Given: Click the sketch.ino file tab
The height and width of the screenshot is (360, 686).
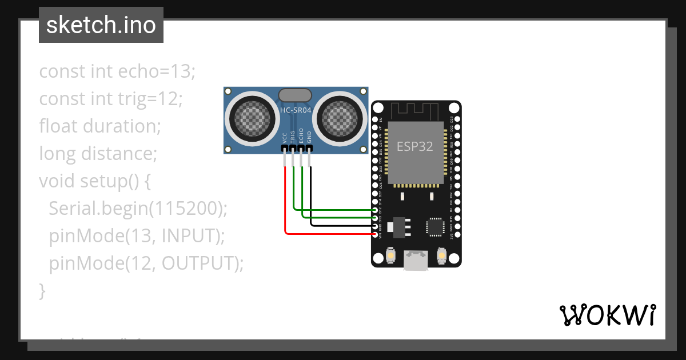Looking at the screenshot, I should [101, 25].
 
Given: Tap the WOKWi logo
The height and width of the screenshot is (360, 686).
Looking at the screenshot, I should [607, 315].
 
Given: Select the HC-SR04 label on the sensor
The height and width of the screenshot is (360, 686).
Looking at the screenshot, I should [296, 110].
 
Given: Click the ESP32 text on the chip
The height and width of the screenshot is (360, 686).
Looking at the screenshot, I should [415, 146].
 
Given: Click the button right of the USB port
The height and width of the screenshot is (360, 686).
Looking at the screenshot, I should [441, 254].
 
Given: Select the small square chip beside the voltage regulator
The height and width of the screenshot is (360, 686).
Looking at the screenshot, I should [435, 227].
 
